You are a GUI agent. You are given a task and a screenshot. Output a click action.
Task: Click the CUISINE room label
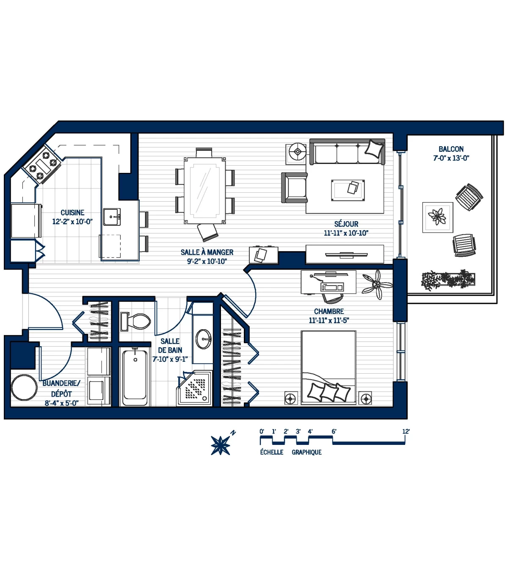pyautogui.click(x=72, y=213)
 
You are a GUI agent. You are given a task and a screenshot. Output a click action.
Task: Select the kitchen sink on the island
pyautogui.click(x=112, y=217)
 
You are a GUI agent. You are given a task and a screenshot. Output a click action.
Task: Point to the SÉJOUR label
pyautogui.click(x=346, y=224)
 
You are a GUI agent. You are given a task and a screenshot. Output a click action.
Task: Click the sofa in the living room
pyautogui.click(x=347, y=152)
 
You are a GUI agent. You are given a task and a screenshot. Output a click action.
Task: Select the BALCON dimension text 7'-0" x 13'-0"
pyautogui.click(x=451, y=158)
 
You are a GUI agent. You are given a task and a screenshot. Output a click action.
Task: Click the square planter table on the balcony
pyautogui.click(x=437, y=217)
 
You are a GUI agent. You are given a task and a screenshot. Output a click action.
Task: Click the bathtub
pyautogui.click(x=135, y=377)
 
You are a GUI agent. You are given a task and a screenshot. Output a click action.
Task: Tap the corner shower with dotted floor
pyautogui.click(x=195, y=388)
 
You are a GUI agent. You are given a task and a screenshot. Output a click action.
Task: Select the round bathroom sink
pyautogui.click(x=204, y=339)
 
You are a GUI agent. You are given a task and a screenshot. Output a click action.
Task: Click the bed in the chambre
pyautogui.click(x=328, y=368)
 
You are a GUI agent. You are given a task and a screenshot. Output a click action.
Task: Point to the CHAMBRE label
pyautogui.click(x=329, y=311)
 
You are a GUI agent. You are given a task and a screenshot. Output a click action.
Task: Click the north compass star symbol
pyautogui.click(x=221, y=445)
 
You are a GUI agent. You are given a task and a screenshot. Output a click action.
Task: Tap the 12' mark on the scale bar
pyautogui.click(x=406, y=432)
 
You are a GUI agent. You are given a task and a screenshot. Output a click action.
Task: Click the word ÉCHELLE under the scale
pyautogui.click(x=271, y=453)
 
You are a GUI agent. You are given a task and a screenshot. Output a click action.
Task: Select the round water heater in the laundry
pyautogui.click(x=24, y=387)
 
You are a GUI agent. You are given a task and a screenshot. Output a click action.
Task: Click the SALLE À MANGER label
pyautogui.click(x=207, y=252)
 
